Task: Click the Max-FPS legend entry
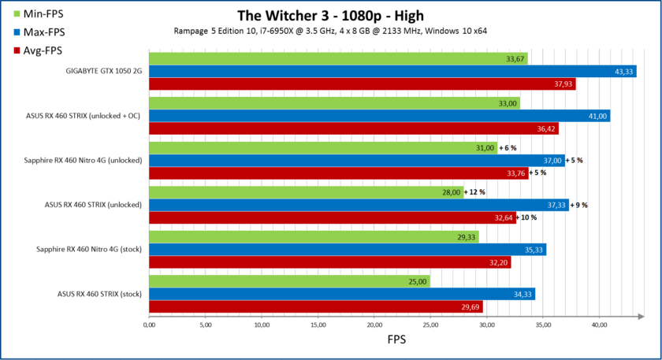pyautogui.click(x=39, y=33)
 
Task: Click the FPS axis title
pyautogui.click(x=396, y=341)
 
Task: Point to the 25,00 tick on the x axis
pyautogui.click(x=430, y=324)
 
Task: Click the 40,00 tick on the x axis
pyautogui.click(x=599, y=324)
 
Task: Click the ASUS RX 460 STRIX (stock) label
pyautogui.click(x=99, y=294)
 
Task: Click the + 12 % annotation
pyautogui.click(x=475, y=192)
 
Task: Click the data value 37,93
pyautogui.click(x=563, y=84)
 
